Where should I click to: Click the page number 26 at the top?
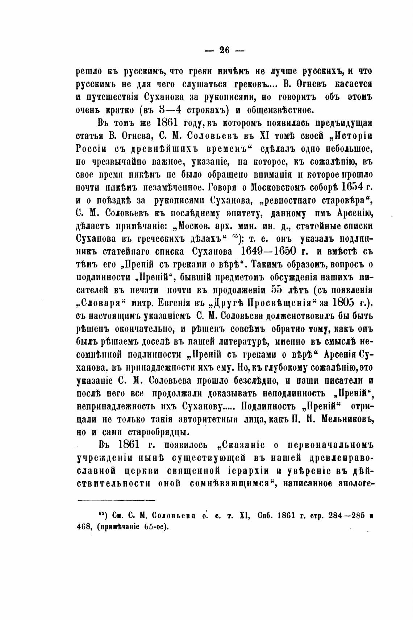[225, 51]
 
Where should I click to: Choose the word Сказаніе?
[246, 445]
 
